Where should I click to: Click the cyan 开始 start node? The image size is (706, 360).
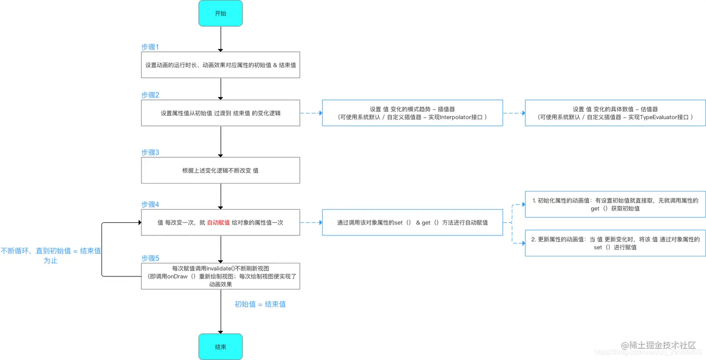[x=220, y=13]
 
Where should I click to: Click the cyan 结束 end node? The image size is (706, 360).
[x=220, y=346]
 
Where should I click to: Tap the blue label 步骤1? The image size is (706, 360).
[x=150, y=47]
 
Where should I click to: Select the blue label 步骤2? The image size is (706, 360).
[x=150, y=95]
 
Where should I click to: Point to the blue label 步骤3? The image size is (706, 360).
[x=150, y=152]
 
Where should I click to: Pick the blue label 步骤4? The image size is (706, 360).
[x=150, y=205]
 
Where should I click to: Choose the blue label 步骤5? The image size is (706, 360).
[x=150, y=258]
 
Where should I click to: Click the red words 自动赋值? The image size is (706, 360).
[x=218, y=223]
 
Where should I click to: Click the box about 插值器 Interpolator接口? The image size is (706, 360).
[x=412, y=113]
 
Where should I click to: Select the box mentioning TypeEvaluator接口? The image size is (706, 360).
[x=615, y=113]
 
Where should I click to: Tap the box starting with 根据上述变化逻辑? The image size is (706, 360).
[x=220, y=170]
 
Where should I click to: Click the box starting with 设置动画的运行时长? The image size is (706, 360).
[x=220, y=65]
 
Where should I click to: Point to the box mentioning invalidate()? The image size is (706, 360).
[x=220, y=276]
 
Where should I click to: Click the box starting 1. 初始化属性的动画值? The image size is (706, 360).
[x=615, y=204]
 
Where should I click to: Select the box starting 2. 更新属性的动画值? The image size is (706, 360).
[x=615, y=243]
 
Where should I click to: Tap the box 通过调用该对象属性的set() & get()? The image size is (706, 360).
[x=412, y=223]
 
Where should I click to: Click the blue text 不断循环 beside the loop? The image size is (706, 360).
[x=50, y=251]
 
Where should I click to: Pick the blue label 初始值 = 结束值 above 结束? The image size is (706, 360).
[x=260, y=304]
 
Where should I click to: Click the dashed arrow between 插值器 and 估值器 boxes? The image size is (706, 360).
[x=514, y=113]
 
